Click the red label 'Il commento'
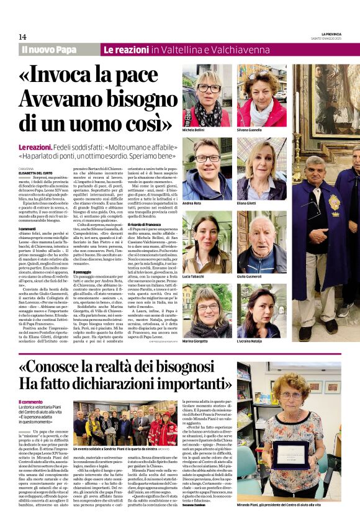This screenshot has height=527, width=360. click(32, 402)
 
